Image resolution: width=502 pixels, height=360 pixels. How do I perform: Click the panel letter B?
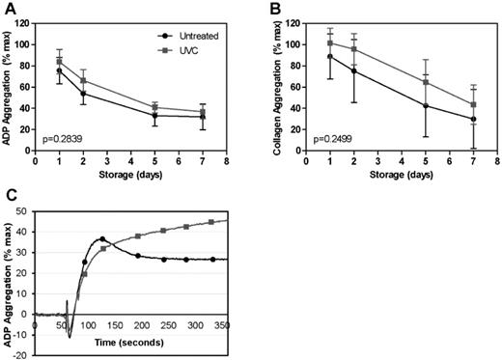click(x=264, y=8)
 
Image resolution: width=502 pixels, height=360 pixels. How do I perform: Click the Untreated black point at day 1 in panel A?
click(x=60, y=70)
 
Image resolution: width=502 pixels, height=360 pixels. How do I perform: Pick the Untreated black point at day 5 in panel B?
click(x=427, y=105)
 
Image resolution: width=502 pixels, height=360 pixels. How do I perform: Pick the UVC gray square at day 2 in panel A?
click(x=84, y=80)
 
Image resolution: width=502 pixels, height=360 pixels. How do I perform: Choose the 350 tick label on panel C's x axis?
click(x=336, y=325)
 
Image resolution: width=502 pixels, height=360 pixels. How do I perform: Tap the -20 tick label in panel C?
click(x=20, y=354)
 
